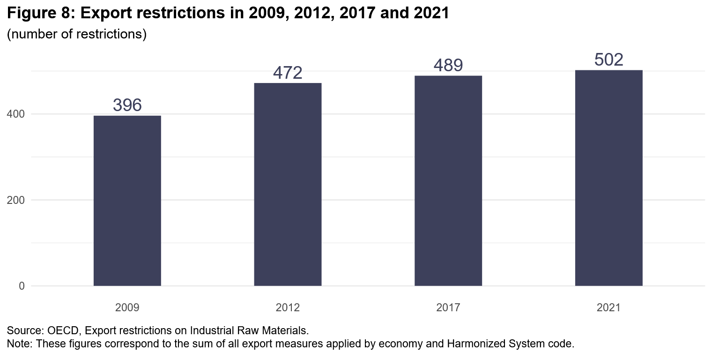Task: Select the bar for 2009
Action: click(127, 201)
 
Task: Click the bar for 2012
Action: click(288, 184)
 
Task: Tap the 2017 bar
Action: click(448, 180)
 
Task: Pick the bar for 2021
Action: click(608, 178)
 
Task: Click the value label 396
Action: click(127, 105)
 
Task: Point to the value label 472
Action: click(288, 73)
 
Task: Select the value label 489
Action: click(448, 66)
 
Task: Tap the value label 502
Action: click(608, 60)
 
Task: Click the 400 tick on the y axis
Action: click(16, 114)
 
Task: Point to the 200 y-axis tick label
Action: click(16, 200)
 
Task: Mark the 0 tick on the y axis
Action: click(22, 286)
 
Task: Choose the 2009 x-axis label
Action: click(127, 308)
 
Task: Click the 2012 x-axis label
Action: click(288, 308)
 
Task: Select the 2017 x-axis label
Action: click(448, 308)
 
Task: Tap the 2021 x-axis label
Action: click(608, 308)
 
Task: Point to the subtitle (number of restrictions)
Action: click(77, 35)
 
